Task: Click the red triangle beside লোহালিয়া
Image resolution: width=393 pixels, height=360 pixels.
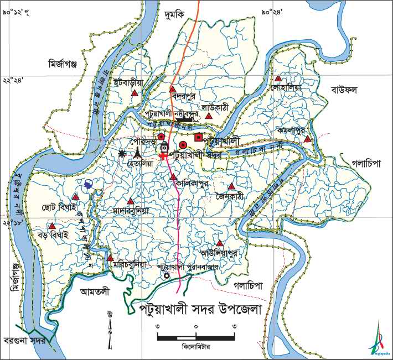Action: (x=278, y=79)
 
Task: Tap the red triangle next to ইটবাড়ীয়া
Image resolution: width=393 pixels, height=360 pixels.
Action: (x=134, y=94)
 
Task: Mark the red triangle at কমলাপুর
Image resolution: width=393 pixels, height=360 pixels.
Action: (x=308, y=139)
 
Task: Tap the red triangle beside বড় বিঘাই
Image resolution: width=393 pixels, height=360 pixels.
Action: (x=52, y=226)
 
